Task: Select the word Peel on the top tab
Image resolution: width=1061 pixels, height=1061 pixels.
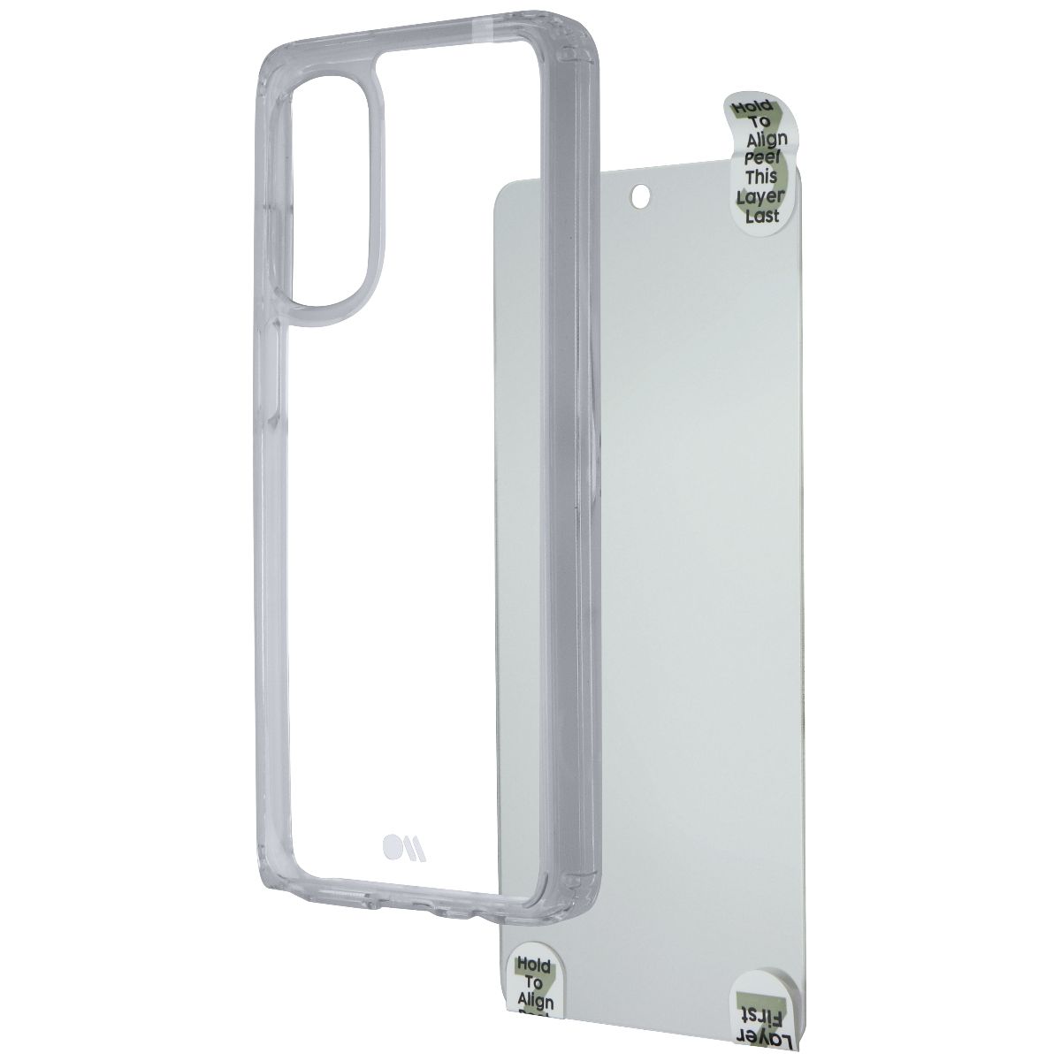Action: point(763,158)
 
